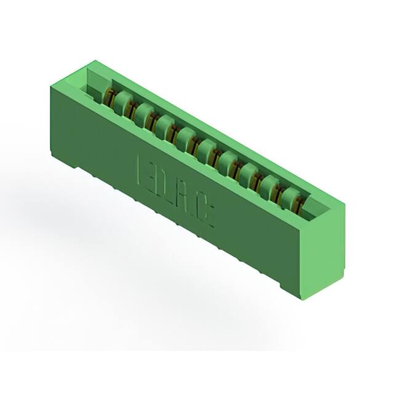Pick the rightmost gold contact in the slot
tap(300, 205)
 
